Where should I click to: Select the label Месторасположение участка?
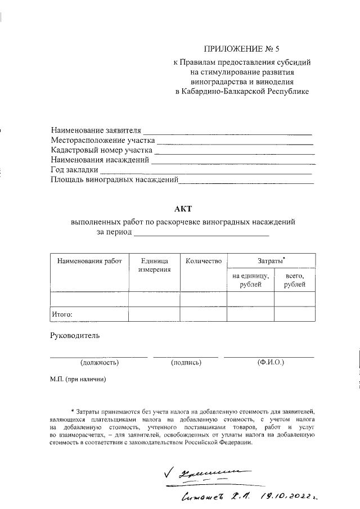(102, 140)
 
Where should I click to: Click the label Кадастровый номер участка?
(101, 150)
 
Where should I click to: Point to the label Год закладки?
(74, 170)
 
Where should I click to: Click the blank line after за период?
(201, 232)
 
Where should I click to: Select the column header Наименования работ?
(89, 261)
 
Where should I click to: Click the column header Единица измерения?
(154, 265)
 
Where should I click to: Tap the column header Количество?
(203, 261)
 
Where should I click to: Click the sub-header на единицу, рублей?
(250, 280)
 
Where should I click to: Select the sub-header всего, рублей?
(295, 280)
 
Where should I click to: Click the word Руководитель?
(75, 336)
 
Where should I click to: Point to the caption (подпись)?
(186, 363)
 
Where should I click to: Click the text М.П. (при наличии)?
(78, 380)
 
